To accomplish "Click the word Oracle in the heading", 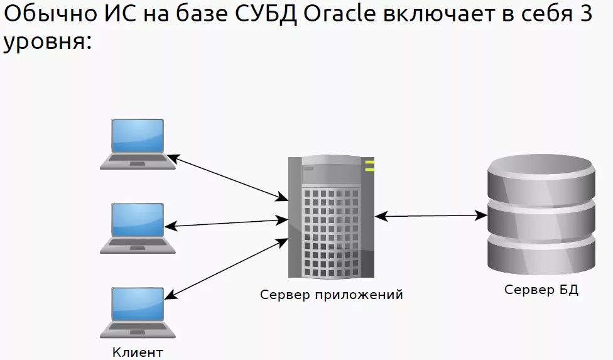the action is click(x=339, y=14).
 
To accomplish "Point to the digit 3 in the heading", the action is click(x=585, y=14).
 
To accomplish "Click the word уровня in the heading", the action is click(x=46, y=43).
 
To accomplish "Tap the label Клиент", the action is click(x=138, y=352).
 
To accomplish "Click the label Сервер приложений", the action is click(x=332, y=295).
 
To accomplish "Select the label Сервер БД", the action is click(x=541, y=290).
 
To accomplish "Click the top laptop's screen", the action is click(x=138, y=136).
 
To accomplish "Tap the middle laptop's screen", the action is click(x=138, y=219).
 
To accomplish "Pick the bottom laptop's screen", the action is click(x=138, y=304).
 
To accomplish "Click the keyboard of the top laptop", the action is click(x=138, y=161).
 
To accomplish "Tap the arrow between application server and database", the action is click(x=431, y=216).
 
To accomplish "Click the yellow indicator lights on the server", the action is click(x=369, y=166).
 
